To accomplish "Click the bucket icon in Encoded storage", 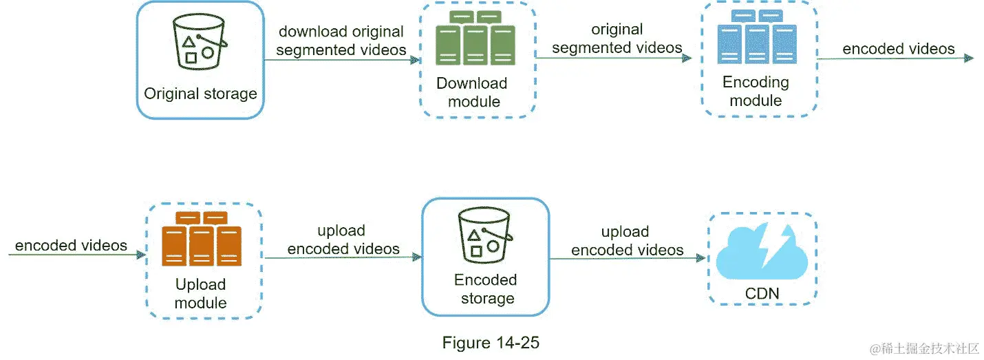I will [486, 234].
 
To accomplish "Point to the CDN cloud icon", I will [762, 255].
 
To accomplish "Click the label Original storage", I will [200, 94].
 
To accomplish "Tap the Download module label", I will [473, 92].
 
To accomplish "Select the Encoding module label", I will [756, 91].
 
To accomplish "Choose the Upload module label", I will [200, 293].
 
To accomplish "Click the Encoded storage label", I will [485, 289].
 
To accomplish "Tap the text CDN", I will [762, 294].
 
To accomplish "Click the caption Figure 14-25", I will [490, 342].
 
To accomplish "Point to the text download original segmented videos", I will [341, 41].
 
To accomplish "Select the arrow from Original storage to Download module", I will [341, 60].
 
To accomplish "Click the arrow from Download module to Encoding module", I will [612, 59].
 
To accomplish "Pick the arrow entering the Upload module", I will [76, 255].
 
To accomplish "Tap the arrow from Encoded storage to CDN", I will [628, 258].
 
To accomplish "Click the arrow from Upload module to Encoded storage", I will [342, 257].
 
